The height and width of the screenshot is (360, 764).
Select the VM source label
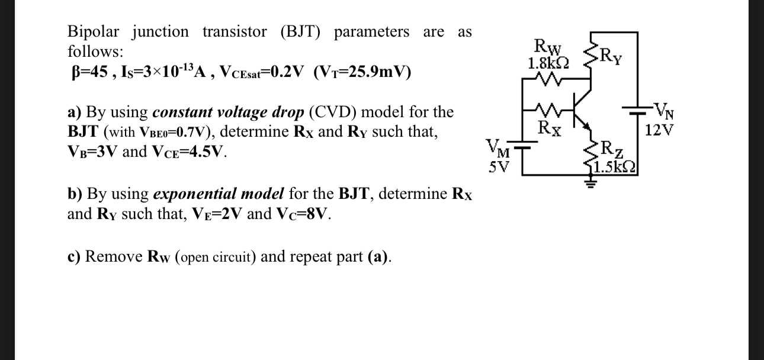(x=496, y=146)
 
